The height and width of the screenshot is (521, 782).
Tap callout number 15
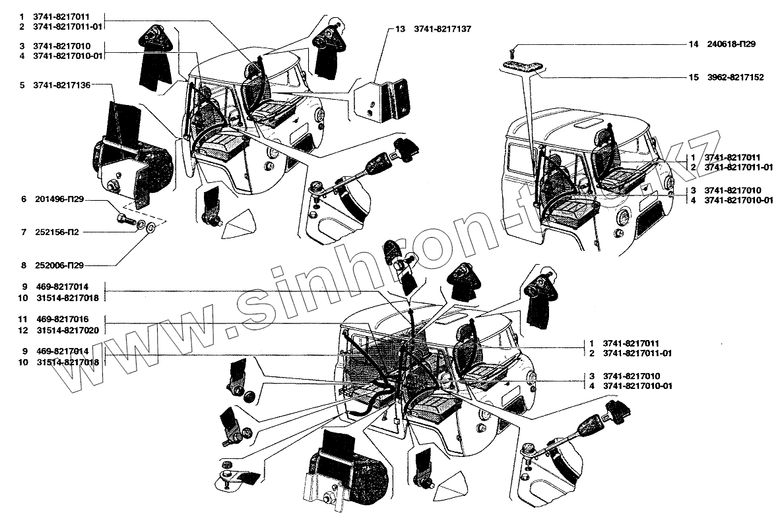[694, 77]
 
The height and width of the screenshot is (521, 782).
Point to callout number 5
[22, 85]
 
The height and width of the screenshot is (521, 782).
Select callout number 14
[694, 44]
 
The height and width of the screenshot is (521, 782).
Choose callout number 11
[22, 319]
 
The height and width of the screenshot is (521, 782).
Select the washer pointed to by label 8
[151, 228]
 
